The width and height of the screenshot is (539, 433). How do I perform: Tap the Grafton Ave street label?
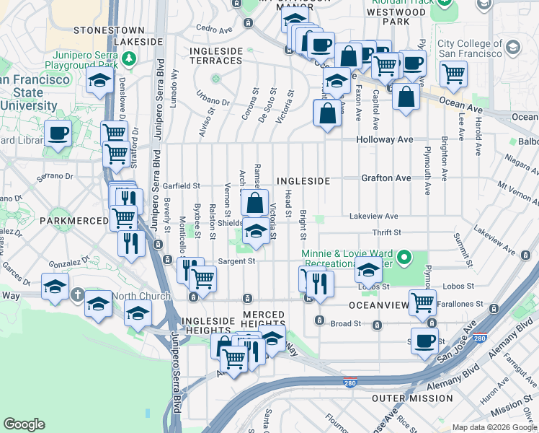[386, 178]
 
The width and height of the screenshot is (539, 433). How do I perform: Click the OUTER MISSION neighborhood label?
[412, 398]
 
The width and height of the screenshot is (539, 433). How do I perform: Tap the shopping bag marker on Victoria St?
[255, 203]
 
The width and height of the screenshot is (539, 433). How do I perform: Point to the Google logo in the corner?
[24, 424]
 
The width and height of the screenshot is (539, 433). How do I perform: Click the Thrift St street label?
[386, 232]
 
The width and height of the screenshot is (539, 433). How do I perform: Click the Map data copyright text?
[494, 427]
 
